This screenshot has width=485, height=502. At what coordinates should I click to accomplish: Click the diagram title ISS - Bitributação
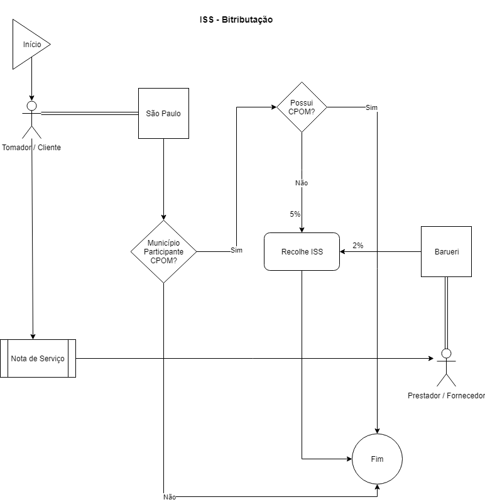coord(236,20)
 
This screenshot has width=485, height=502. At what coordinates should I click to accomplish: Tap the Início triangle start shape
coord(29,44)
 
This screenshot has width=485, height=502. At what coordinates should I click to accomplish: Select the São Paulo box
coord(163,113)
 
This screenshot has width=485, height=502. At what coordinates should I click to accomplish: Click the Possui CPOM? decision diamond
coord(302,107)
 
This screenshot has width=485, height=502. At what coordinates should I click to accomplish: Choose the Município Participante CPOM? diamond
coord(163,251)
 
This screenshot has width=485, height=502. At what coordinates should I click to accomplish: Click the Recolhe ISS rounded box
coord(302,251)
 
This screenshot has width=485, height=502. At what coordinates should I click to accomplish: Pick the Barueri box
coord(446,251)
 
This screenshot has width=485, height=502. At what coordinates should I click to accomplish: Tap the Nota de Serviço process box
coord(38,358)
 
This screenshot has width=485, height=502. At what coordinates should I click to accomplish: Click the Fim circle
coord(377,459)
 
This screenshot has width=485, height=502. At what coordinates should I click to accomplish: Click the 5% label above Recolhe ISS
coord(295,214)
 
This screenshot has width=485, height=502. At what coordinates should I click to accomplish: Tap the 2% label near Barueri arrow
coord(358,245)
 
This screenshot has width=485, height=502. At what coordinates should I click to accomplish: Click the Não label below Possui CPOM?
coord(302,183)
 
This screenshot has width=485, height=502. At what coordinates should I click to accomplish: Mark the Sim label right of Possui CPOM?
coord(371,108)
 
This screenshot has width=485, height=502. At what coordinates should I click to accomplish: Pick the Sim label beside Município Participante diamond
coord(237,250)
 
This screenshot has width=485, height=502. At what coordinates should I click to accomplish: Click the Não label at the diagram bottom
coord(170,496)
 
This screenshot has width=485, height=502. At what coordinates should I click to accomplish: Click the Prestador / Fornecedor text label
coord(446,396)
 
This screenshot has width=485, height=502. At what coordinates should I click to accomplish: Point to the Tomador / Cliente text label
coord(31,148)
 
